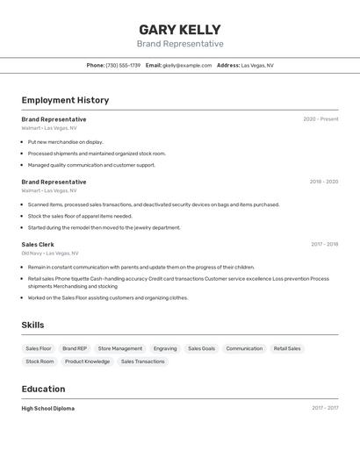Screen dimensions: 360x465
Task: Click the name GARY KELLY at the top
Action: pos(179,29)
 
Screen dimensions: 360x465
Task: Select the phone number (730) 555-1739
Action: pos(123,65)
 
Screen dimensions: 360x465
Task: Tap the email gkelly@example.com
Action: pos(187,65)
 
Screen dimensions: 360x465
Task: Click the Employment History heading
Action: pos(65,100)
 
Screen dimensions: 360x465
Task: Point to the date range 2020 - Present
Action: pos(320,119)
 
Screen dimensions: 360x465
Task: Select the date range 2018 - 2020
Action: pos(323,182)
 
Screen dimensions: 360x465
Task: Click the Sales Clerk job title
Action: pos(38,245)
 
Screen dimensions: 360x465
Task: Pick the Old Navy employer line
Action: pos(50,254)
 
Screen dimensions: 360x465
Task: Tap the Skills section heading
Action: pos(32,325)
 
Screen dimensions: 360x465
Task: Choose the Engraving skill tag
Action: pos(165,348)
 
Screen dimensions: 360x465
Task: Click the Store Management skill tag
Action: pos(120,348)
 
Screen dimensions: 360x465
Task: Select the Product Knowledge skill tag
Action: pos(87,361)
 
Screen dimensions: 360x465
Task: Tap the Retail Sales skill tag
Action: pos(287,348)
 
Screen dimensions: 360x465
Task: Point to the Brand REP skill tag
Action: pos(75,348)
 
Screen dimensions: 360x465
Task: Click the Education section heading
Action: pos(43,389)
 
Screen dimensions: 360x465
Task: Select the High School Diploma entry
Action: pos(48,408)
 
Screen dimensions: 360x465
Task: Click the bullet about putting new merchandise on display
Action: pos(65,141)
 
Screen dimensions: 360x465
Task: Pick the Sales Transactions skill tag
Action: pos(142,361)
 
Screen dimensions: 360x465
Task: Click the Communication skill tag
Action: pos(244,348)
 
